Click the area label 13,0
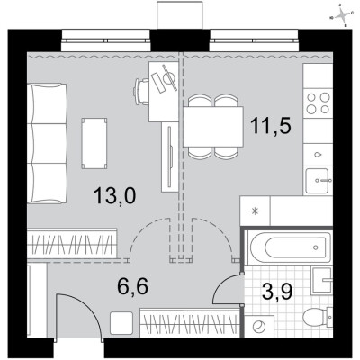click(x=116, y=195)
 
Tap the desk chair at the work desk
click(x=142, y=90)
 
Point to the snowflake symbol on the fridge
click(x=255, y=212)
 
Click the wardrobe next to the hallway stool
click(x=188, y=320)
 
